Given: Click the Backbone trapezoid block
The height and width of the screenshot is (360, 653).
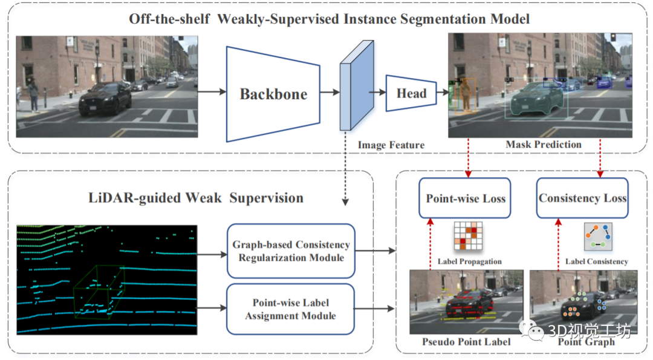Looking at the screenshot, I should tap(273, 93).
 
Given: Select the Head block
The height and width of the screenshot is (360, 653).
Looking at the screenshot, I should tap(411, 93).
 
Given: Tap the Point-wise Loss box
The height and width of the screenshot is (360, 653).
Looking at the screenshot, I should tap(466, 198).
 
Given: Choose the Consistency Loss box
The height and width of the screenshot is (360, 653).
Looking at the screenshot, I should tap(582, 198).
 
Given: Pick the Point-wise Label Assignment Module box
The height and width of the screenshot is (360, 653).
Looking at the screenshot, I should tap(290, 309).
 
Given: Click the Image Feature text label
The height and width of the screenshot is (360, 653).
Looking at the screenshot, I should tap(391, 145).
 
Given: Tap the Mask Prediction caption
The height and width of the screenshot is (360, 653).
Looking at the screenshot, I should tap(543, 145).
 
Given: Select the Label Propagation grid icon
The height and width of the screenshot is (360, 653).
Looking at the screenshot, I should tap(466, 237).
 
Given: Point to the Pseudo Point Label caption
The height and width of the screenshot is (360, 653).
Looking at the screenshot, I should tap(466, 342).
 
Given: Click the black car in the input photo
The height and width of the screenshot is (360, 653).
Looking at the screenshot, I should tap(105, 99).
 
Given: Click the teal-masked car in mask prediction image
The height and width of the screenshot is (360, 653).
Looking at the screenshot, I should tap(535, 99).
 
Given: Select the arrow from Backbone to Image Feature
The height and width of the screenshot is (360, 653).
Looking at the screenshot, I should tap(329, 93).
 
